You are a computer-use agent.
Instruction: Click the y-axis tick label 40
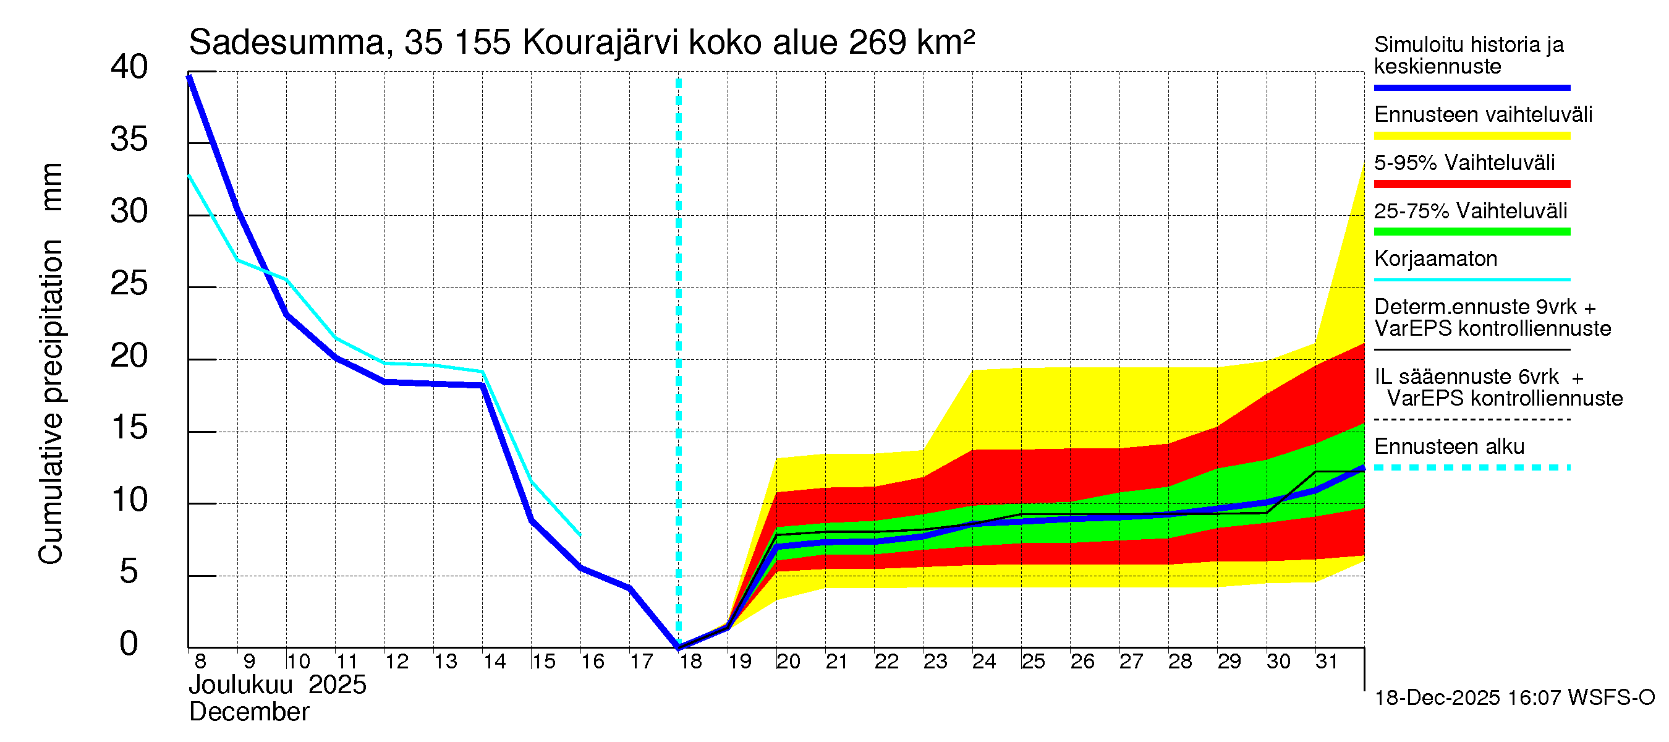click(129, 67)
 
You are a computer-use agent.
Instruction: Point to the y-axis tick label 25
click(129, 284)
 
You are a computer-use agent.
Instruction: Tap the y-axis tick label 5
click(129, 572)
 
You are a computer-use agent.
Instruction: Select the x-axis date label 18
click(690, 662)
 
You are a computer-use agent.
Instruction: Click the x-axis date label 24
click(984, 662)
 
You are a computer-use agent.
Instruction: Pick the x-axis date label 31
click(1327, 662)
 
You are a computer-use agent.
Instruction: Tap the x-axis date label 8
click(200, 662)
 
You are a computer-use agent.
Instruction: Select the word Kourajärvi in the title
click(600, 43)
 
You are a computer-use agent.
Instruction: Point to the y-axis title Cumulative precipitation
click(51, 402)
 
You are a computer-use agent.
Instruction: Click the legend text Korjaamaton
click(1436, 258)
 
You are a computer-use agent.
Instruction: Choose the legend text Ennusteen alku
click(1450, 446)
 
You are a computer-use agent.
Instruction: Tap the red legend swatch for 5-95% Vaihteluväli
click(1472, 184)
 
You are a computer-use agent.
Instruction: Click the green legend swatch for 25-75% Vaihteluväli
click(1472, 232)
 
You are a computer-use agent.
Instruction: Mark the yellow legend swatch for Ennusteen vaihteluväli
click(1472, 136)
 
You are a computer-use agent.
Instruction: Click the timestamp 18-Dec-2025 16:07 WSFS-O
click(1514, 698)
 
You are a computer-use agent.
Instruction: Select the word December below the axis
click(248, 712)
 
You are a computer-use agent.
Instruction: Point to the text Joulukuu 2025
click(278, 685)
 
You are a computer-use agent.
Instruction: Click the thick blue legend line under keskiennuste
click(1472, 87)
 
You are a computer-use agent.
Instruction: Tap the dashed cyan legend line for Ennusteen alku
click(1472, 467)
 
